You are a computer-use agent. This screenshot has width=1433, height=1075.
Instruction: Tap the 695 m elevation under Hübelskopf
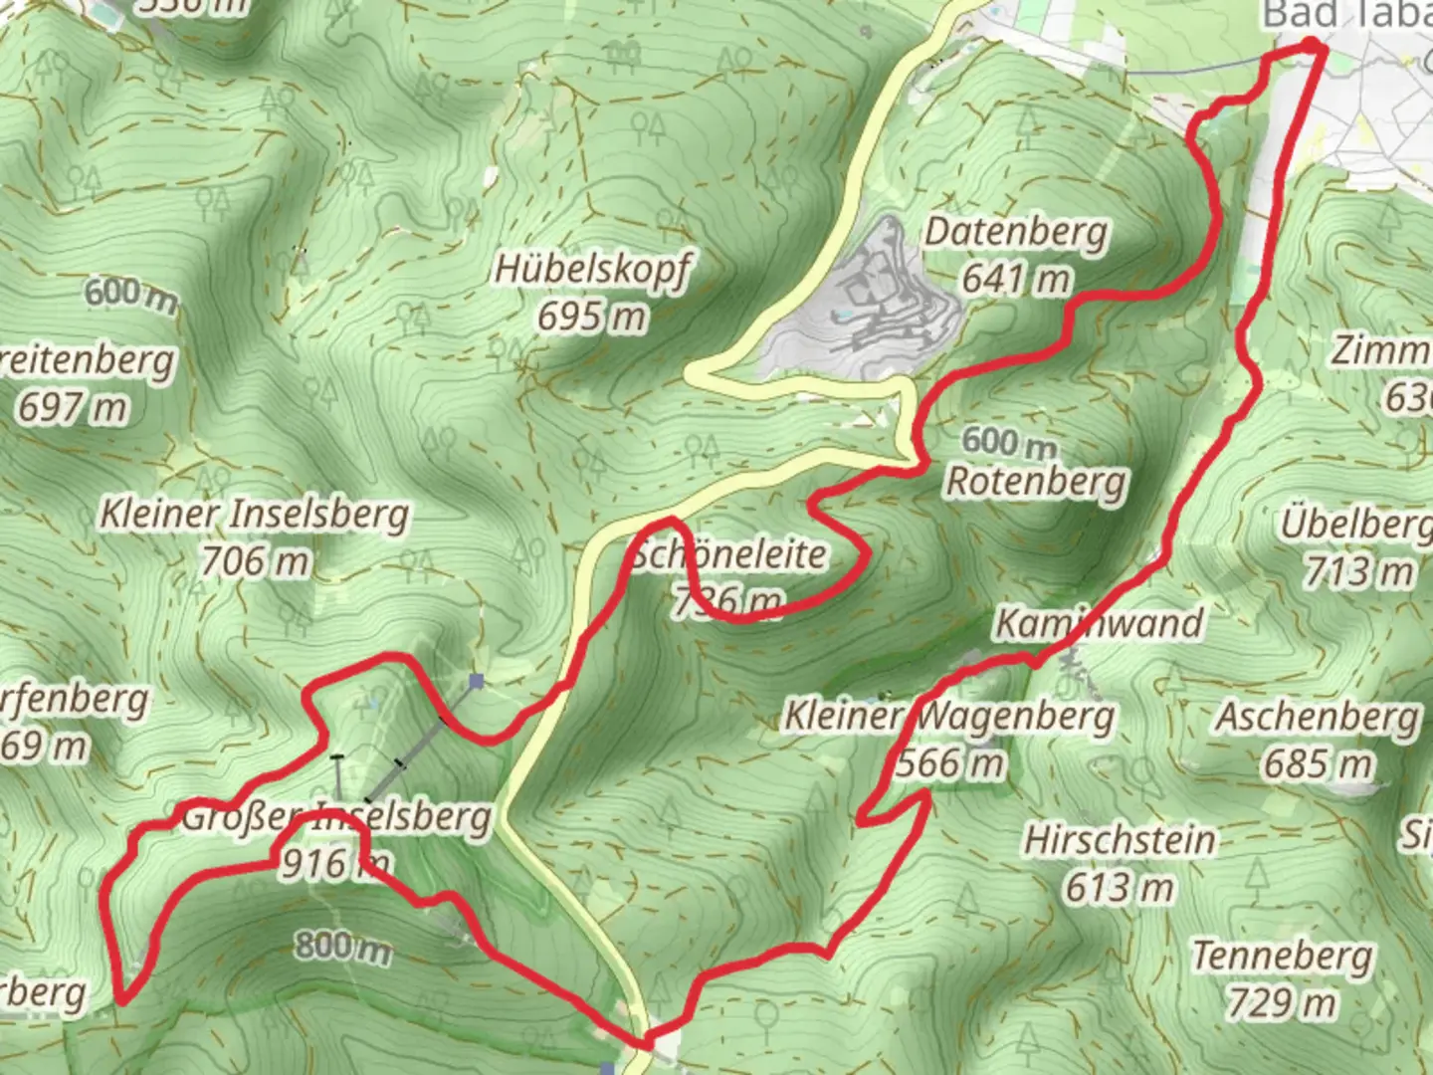point(591,317)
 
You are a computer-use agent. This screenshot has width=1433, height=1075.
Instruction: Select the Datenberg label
point(1015,233)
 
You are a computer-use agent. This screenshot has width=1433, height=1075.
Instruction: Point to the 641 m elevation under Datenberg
point(1015,279)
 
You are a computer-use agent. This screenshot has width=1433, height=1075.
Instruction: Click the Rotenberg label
point(1036,482)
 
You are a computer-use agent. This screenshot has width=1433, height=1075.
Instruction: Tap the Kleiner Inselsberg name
point(254,515)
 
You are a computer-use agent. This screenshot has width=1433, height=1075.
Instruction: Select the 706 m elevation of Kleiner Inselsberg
point(255,561)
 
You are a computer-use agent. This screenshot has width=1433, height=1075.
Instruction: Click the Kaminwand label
point(1099,624)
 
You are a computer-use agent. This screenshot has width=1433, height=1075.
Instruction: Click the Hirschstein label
point(1120,840)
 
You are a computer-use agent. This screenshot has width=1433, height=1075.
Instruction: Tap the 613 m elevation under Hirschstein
point(1120,886)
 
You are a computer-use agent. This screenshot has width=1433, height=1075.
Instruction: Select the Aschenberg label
point(1319,717)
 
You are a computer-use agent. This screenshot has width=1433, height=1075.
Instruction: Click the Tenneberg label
point(1282,956)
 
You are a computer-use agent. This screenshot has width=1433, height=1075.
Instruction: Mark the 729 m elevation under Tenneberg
point(1282,1001)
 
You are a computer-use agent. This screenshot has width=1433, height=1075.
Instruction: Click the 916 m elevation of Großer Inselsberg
point(333,864)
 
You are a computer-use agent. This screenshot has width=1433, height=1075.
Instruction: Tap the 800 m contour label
point(341,946)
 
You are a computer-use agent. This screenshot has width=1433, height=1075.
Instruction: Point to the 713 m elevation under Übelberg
point(1358,571)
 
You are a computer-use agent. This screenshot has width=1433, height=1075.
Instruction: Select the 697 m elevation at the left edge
point(72,407)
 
